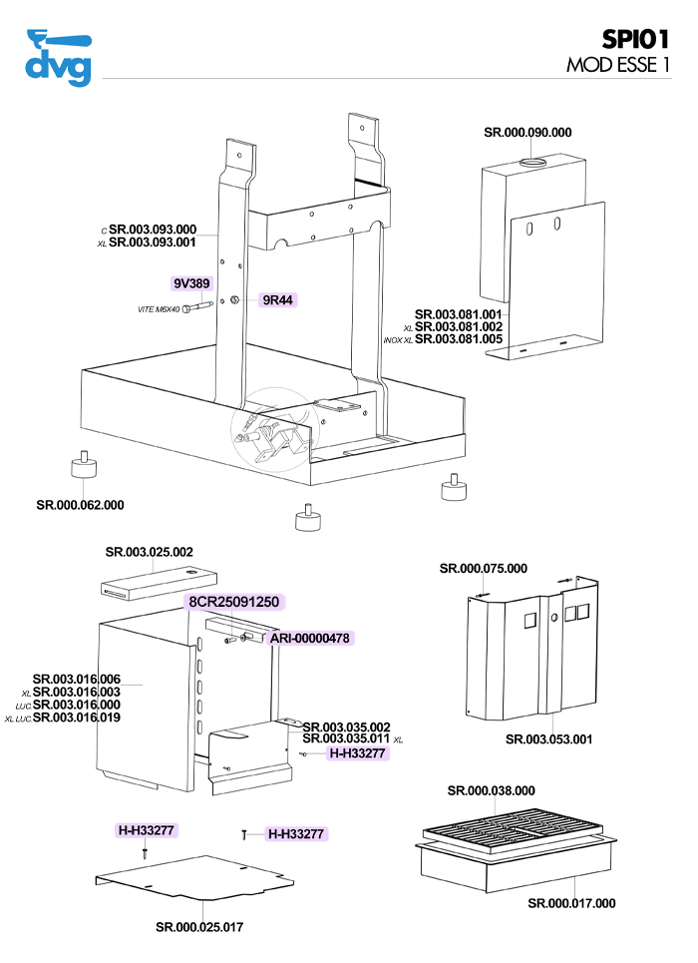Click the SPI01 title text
point(635,39)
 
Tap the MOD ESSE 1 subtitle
point(617,65)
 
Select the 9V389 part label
point(191,284)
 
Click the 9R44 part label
point(277,299)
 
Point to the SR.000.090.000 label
point(527,133)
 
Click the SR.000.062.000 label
point(80,505)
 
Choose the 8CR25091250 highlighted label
point(234,603)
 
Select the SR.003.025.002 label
point(150,552)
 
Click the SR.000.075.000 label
point(483,569)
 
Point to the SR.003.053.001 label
point(549,739)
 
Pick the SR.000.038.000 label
point(491,790)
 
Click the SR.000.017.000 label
point(571,903)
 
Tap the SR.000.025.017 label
point(199,927)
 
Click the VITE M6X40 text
point(158,310)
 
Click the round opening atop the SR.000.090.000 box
point(534,162)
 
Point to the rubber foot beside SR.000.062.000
point(83,467)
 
